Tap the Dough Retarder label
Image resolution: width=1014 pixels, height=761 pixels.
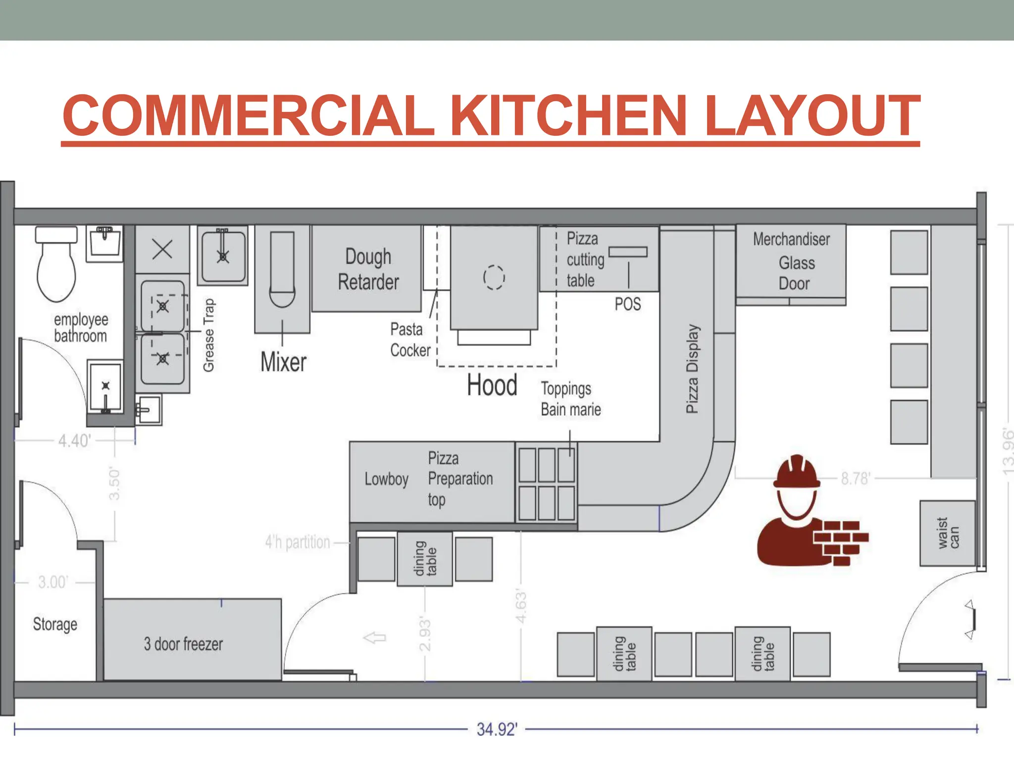(368, 270)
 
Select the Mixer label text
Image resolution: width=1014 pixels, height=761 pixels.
(283, 362)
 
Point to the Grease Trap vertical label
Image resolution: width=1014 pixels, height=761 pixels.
(209, 335)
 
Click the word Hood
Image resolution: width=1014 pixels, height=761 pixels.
(492, 385)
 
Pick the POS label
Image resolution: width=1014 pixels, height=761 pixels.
(627, 304)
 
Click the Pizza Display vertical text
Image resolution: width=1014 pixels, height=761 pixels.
(692, 369)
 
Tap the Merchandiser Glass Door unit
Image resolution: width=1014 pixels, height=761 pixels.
(791, 262)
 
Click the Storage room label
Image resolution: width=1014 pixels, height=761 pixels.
(55, 624)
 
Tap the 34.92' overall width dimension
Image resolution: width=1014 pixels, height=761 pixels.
(497, 729)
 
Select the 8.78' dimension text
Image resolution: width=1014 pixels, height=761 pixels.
(855, 479)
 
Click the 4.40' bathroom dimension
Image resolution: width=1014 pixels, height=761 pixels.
(74, 440)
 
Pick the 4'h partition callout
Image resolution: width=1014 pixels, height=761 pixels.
(298, 543)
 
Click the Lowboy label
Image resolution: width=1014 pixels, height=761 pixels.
(386, 479)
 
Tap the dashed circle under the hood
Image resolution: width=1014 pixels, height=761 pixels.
(494, 277)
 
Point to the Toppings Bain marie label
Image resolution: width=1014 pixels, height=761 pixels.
(570, 399)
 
